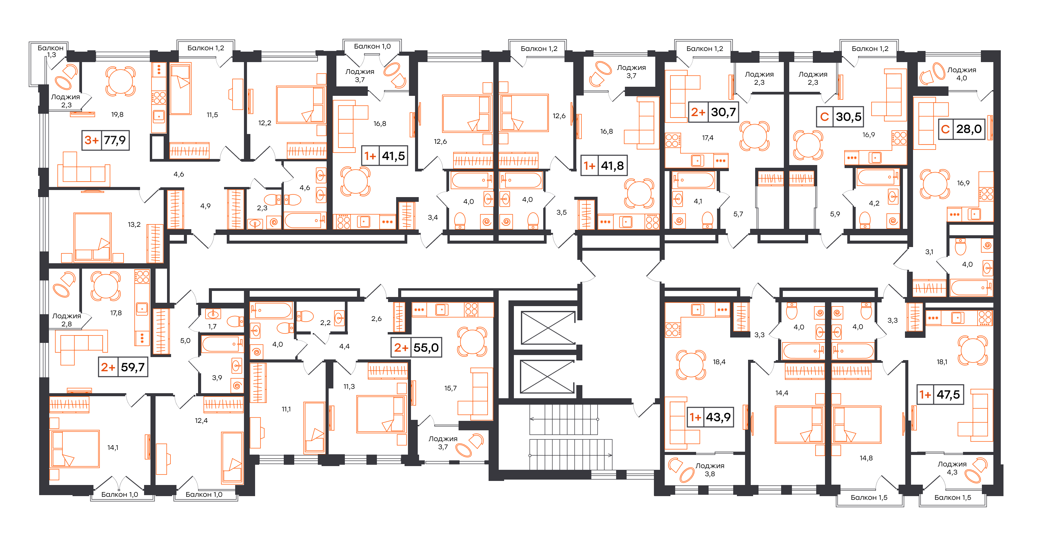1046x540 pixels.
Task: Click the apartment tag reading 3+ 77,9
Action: [106, 140]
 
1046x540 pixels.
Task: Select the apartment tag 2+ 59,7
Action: [123, 367]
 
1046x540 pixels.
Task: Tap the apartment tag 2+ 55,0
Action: [416, 348]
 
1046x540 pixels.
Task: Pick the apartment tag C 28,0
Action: [962, 129]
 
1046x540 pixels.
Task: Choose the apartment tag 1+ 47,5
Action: [940, 394]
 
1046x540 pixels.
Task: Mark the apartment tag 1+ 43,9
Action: [710, 417]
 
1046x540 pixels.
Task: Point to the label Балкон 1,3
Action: [51, 51]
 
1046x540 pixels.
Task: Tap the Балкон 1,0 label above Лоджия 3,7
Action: [372, 46]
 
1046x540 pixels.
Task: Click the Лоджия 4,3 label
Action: [952, 468]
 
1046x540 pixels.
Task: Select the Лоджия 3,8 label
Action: [710, 469]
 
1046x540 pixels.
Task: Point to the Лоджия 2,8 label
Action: [66, 320]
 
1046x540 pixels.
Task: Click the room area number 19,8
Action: [117, 114]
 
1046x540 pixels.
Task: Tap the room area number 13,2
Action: [134, 224]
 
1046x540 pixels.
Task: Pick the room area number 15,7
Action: [450, 388]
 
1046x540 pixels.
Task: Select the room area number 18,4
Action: [719, 362]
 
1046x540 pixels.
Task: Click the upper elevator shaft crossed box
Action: [548, 328]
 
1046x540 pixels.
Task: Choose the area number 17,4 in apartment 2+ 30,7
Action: [708, 138]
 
